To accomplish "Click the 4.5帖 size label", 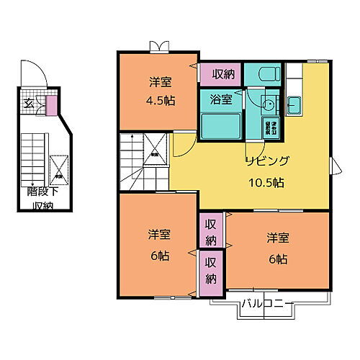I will pyautogui.click(x=158, y=100).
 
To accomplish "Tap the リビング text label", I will pyautogui.click(x=268, y=161).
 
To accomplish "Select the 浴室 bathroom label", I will pyautogui.click(x=220, y=100).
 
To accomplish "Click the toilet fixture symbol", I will pyautogui.click(x=264, y=73).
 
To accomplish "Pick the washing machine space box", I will pyautogui.click(x=273, y=127).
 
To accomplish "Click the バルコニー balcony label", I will pyautogui.click(x=266, y=302).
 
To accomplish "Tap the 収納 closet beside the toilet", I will pyautogui.click(x=222, y=73).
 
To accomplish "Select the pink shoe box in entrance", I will pyautogui.click(x=50, y=106).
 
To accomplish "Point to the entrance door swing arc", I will pyautogui.click(x=32, y=77).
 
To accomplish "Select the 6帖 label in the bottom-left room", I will pyautogui.click(x=158, y=255).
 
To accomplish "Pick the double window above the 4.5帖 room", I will pyautogui.click(x=158, y=47).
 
